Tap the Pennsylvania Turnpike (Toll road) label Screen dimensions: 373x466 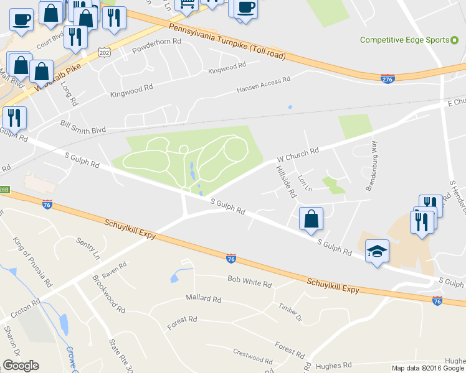point(227,42)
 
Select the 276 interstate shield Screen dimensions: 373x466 point(388,79)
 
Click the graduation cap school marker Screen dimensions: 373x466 point(376,251)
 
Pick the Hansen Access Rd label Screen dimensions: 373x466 point(264,85)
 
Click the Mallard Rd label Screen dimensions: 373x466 point(204,298)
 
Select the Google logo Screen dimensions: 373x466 point(21,366)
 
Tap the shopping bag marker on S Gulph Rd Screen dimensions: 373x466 point(311,219)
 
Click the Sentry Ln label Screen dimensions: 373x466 point(88,247)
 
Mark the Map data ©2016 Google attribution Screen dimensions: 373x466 point(428,368)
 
